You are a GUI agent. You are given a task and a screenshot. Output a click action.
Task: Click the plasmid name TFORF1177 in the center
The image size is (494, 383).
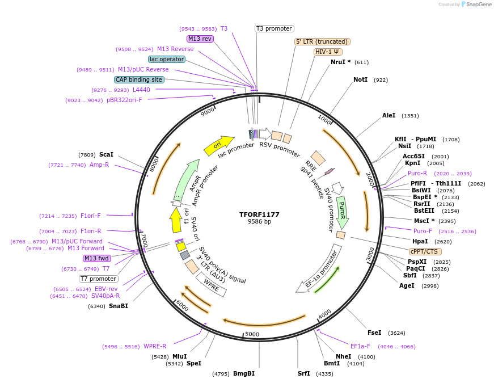(259, 214)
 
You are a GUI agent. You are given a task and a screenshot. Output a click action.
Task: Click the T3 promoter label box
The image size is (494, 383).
(274, 28)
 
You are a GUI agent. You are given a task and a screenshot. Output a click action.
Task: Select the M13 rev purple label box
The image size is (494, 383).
(200, 39)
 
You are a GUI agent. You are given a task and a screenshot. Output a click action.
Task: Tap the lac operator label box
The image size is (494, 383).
(167, 59)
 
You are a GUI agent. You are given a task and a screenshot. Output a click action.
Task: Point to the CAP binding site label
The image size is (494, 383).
(139, 79)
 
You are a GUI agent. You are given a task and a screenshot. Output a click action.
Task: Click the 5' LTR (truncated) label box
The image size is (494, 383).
(322, 41)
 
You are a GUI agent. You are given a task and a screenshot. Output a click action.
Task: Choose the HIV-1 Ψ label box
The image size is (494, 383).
(328, 52)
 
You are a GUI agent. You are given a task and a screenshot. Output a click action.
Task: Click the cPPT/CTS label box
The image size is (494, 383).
(425, 251)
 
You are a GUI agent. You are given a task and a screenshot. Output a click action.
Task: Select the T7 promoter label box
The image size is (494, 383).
(99, 279)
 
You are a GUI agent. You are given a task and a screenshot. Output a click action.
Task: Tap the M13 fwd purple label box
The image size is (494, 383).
(96, 258)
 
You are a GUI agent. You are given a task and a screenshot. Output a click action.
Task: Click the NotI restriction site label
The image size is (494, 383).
(360, 80)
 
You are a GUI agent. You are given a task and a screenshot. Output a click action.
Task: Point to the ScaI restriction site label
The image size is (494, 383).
(106, 154)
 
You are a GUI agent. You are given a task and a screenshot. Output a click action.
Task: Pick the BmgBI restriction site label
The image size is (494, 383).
(244, 374)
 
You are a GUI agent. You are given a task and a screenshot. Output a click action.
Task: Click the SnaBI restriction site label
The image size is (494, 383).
(119, 306)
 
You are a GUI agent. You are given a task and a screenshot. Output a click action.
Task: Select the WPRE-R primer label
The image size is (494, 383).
(155, 346)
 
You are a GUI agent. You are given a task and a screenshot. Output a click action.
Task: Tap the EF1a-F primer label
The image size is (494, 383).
(360, 346)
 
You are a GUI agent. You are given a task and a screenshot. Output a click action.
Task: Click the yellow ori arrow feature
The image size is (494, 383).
(219, 145)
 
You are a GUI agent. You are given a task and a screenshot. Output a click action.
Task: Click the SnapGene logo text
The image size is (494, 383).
(479, 5)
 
